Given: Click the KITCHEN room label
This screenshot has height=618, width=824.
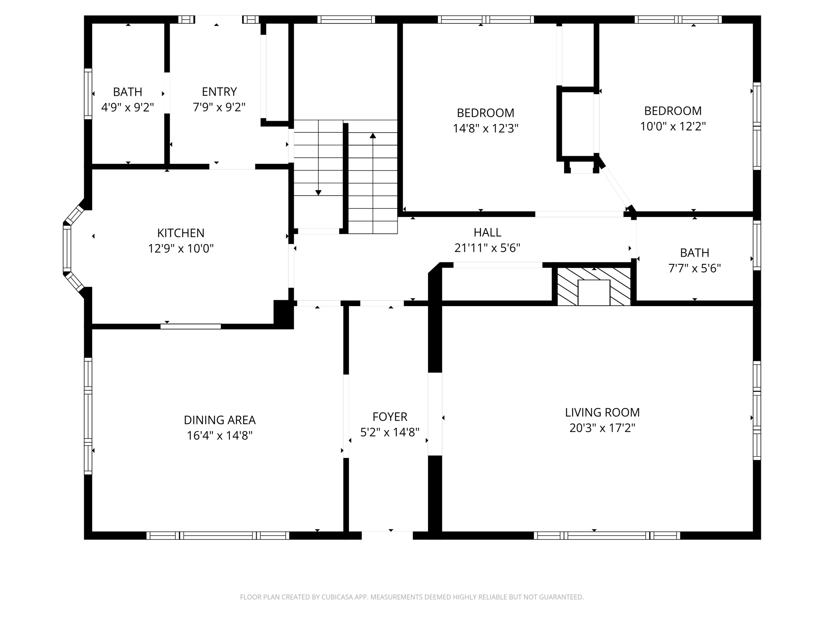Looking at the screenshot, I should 181,233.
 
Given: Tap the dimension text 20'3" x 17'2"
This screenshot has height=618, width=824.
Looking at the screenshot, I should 602,428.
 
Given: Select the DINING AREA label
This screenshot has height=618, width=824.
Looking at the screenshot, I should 220,420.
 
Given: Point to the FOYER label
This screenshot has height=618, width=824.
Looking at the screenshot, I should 389,417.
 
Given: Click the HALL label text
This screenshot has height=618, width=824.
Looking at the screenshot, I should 487,233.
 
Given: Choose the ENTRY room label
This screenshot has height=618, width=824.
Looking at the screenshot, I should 219,92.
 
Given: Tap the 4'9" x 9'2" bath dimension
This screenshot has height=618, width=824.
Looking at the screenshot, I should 128,107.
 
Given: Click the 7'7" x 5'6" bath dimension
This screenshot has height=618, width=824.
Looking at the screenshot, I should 694,268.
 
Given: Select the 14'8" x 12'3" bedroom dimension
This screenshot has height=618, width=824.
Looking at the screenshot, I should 485,128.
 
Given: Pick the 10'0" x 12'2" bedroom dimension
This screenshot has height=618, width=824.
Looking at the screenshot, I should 673,126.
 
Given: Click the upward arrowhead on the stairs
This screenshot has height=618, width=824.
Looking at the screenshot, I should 373,136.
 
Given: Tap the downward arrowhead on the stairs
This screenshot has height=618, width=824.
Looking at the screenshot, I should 318,193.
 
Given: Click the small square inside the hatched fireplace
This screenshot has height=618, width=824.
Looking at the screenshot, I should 594,293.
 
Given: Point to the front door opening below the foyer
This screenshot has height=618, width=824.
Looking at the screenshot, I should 387,535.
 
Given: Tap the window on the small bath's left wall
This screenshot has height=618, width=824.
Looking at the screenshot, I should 88,94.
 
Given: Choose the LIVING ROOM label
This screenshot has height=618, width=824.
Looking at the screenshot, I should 602,412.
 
